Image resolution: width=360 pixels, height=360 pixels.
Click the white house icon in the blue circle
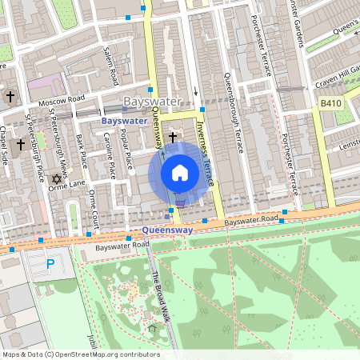click(180, 173)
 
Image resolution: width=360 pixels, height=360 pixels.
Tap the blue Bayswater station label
click(124, 121)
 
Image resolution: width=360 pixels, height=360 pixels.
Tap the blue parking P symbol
click(51, 263)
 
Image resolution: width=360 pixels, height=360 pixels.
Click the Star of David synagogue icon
click(56, 178)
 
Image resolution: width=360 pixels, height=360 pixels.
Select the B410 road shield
click(330, 103)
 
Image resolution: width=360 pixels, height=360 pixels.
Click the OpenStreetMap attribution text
click(80, 354)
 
